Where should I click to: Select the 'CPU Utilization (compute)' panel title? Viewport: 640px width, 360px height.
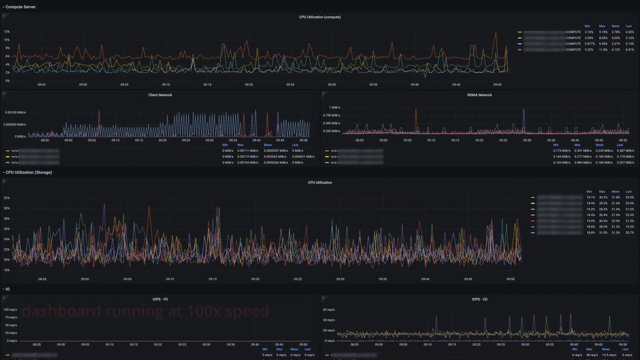point(319,17)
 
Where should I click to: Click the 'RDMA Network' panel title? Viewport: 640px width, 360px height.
point(479,95)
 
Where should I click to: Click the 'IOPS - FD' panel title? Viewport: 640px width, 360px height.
point(160,298)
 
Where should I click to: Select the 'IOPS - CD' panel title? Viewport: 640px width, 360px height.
point(479,298)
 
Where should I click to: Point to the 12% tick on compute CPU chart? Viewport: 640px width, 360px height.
point(7,31)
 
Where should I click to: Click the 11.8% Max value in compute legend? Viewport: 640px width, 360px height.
point(603,49)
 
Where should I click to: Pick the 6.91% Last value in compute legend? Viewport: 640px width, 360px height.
point(629,49)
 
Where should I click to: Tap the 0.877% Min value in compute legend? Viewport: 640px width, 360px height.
point(589,43)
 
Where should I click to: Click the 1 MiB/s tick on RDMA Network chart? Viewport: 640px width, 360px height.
point(335,107)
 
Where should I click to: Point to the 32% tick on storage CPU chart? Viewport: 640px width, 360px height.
point(7,198)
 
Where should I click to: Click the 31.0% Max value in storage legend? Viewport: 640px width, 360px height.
point(603,233)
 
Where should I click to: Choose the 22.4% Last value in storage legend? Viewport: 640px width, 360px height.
point(629,215)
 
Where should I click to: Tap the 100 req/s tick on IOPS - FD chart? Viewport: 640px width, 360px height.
point(10,310)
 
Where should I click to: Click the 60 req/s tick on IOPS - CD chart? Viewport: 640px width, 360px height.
point(328,310)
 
